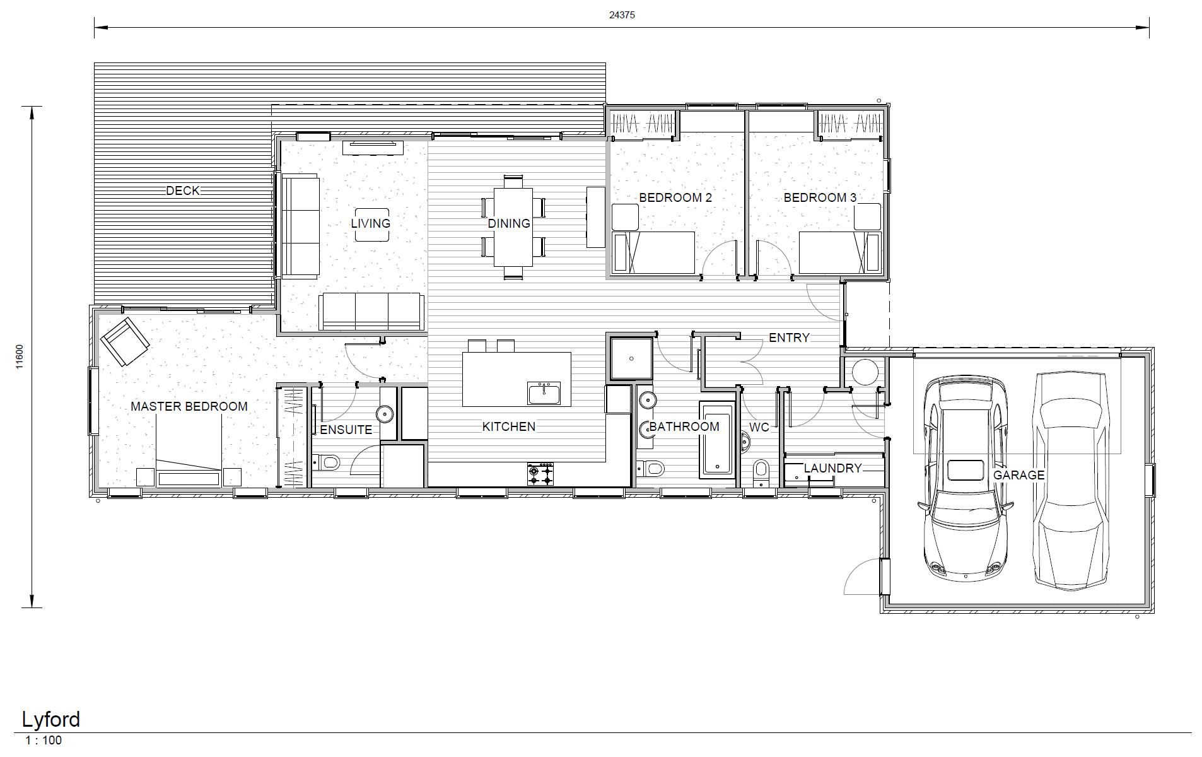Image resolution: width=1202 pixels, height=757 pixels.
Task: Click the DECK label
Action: pyautogui.click(x=183, y=191)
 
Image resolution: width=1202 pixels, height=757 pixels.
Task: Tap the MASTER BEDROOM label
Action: pyautogui.click(x=189, y=406)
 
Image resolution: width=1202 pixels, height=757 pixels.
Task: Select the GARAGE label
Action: pyautogui.click(x=1018, y=475)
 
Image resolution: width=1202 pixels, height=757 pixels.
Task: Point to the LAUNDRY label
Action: pyautogui.click(x=832, y=468)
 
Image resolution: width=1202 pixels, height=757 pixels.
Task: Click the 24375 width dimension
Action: pyautogui.click(x=622, y=15)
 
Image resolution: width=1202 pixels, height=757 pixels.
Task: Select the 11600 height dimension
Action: pyautogui.click(x=20, y=356)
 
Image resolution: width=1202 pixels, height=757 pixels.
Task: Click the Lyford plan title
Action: pyautogui.click(x=51, y=720)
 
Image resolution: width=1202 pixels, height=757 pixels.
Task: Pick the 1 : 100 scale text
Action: pyautogui.click(x=44, y=741)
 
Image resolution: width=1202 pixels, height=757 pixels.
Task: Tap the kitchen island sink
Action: pyautogui.click(x=544, y=393)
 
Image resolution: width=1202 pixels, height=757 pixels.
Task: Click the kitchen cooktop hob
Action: pyautogui.click(x=540, y=474)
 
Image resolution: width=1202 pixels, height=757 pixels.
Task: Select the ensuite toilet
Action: pyautogui.click(x=327, y=464)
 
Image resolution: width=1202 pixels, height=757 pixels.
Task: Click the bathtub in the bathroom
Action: pyautogui.click(x=717, y=442)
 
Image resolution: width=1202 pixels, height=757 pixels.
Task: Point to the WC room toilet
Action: pyautogui.click(x=761, y=470)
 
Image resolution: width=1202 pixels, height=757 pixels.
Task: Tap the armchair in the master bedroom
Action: pyautogui.click(x=124, y=341)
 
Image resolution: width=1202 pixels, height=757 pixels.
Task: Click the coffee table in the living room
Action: pyautogui.click(x=371, y=225)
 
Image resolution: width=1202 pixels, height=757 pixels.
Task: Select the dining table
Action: pyautogui.click(x=513, y=227)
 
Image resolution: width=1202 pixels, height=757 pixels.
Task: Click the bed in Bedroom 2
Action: pyautogui.click(x=654, y=252)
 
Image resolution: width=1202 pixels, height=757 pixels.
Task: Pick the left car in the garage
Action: pyautogui.click(x=963, y=479)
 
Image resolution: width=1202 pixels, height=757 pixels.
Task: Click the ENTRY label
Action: pyautogui.click(x=789, y=337)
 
